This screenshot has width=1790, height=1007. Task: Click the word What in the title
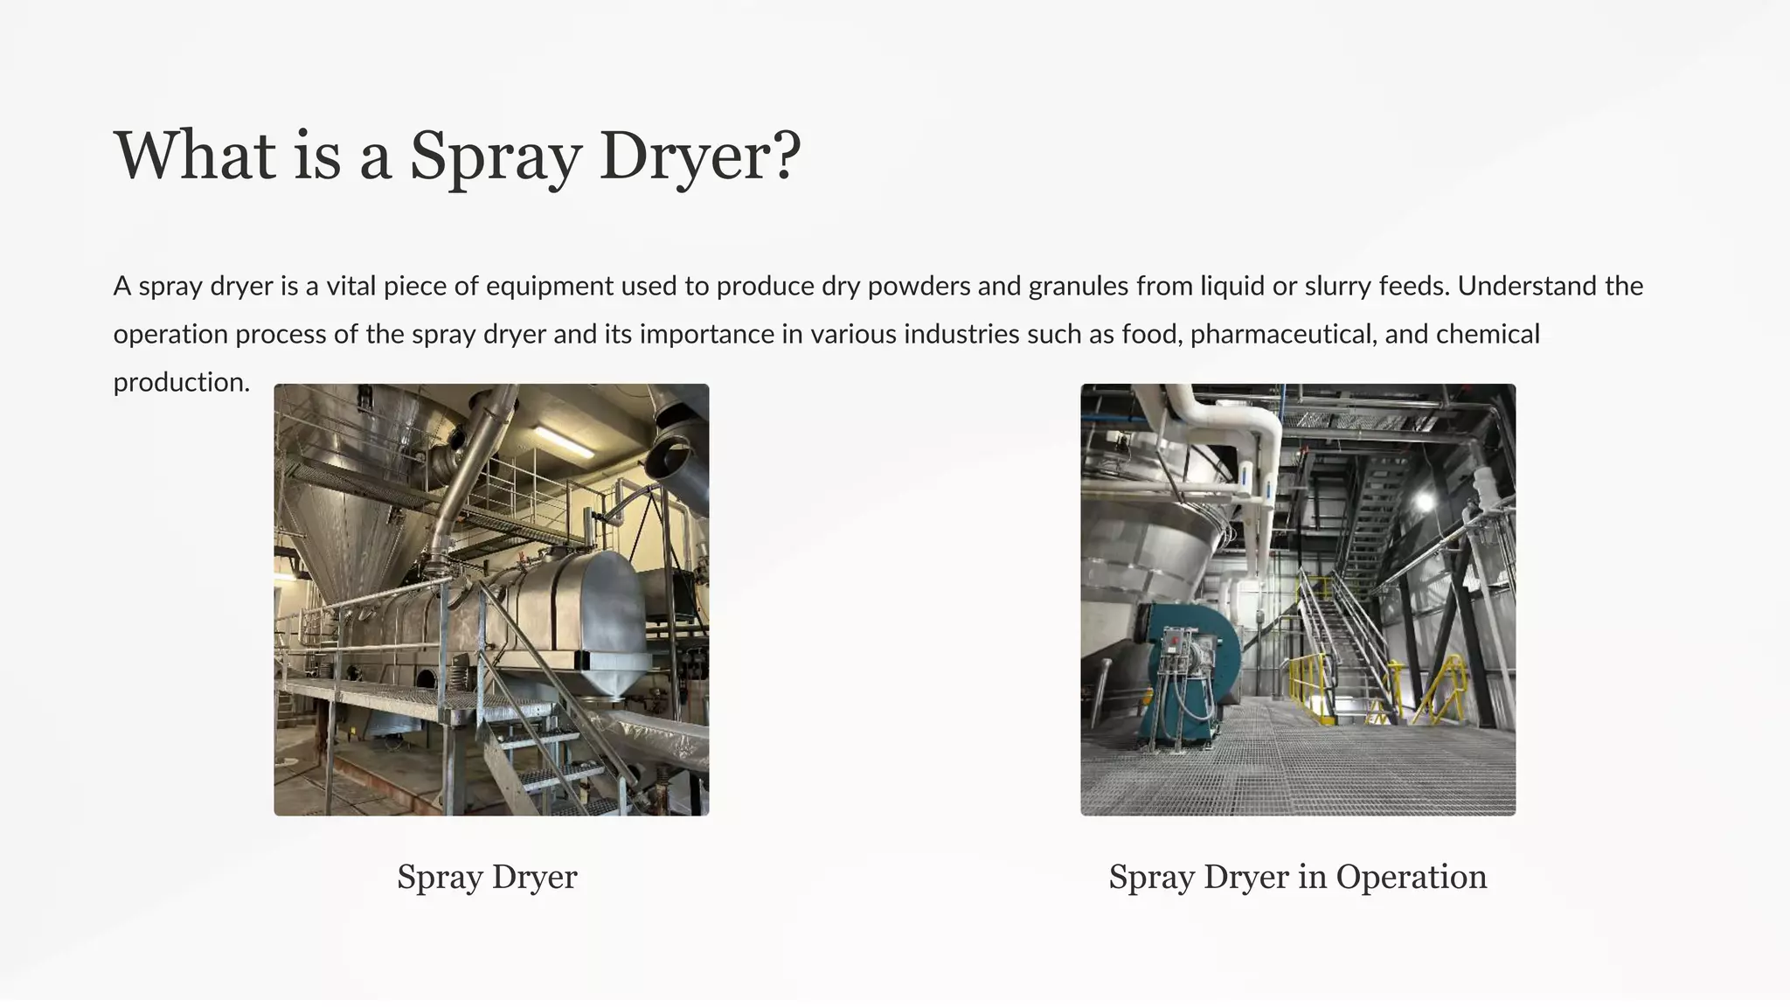tap(195, 155)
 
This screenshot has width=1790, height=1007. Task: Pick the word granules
tap(1079, 286)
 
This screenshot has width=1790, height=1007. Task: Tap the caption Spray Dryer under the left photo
tap(487, 877)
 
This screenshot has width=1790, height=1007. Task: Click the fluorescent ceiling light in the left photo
tap(564, 441)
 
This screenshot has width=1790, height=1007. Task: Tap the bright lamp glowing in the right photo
tap(1425, 501)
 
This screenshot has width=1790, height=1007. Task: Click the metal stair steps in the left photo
tap(559, 769)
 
